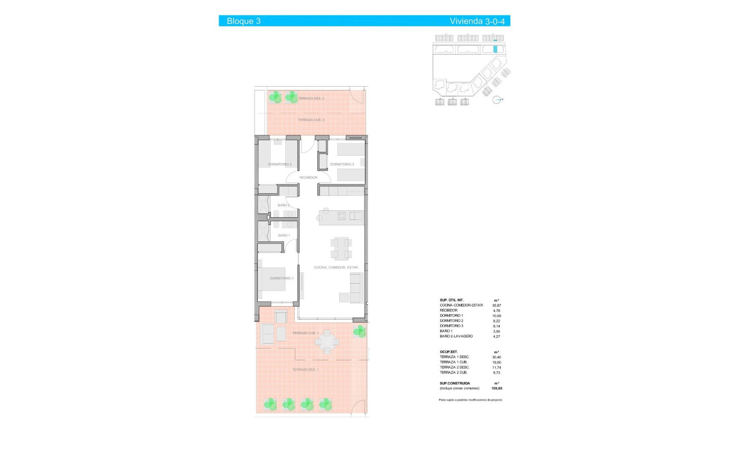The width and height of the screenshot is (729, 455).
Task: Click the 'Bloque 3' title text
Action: (x=243, y=21)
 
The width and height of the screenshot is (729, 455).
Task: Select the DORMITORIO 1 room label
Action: (x=281, y=278)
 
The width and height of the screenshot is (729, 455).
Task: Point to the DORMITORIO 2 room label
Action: (x=280, y=164)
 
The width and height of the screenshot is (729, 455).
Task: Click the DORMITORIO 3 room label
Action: (x=342, y=164)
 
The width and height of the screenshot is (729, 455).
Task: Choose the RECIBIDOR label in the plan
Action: (x=308, y=178)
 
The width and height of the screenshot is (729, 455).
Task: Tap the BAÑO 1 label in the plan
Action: (x=284, y=236)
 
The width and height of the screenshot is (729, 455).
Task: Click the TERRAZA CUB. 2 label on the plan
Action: (x=311, y=120)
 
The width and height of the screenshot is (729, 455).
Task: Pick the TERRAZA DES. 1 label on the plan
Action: (x=305, y=370)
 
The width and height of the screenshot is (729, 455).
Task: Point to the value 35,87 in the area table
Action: (x=496, y=305)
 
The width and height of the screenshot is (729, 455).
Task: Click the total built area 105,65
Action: (x=496, y=388)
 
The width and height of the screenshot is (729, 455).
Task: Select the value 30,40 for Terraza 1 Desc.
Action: (x=496, y=357)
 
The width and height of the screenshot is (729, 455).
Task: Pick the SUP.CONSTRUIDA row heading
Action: (x=455, y=383)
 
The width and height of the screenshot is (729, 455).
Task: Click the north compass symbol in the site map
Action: (x=497, y=100)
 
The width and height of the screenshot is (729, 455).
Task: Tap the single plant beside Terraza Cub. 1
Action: (x=359, y=331)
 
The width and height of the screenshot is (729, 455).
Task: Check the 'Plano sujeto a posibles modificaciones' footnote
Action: (x=471, y=400)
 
